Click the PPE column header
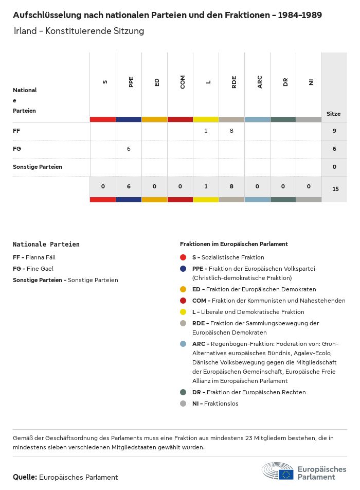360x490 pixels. [131, 82]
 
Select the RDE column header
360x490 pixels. [234, 82]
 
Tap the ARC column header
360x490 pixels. [260, 82]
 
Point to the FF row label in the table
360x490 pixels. [16, 131]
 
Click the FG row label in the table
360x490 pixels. [16, 149]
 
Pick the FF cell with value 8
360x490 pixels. [231, 131]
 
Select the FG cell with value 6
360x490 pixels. [129, 149]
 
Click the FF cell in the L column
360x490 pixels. [206, 131]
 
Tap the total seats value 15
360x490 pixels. [335, 189]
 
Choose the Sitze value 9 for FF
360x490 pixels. [334, 131]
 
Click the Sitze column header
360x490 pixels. [333, 114]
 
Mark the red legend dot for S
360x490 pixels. [183, 257]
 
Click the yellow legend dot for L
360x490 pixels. [183, 312]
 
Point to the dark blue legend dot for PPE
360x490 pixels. [183, 269]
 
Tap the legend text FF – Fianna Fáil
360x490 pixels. [34, 257]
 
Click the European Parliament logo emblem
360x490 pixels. [278, 471]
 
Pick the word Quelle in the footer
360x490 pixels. [25, 477]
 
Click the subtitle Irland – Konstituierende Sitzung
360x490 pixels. [79, 31]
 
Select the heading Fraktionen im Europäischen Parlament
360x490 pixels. [233, 244]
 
